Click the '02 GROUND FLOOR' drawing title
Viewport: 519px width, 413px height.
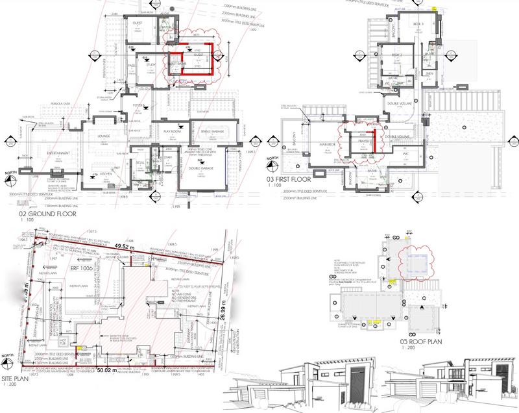click(48, 214)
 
